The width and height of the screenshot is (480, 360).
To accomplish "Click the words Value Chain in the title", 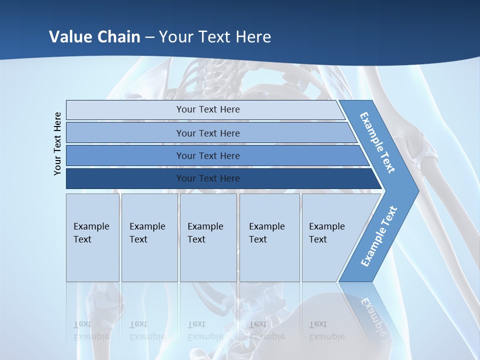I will coord(94,37).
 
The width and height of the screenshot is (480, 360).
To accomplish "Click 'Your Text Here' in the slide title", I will coord(215,37).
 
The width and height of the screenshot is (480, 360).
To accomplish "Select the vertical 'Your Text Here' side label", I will coord(58,143).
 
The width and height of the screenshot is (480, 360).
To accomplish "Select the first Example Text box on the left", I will coord(92,237).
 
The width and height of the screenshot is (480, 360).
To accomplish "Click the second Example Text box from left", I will coord(149,237).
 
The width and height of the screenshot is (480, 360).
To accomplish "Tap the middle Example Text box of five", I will coord(208,237).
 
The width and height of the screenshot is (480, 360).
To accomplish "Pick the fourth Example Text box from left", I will coord(269,237).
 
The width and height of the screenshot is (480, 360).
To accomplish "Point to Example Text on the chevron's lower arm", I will coord(379,236).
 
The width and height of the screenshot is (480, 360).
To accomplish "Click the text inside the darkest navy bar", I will coord(208,178).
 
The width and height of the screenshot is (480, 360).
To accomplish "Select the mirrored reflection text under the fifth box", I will coord(327,330).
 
